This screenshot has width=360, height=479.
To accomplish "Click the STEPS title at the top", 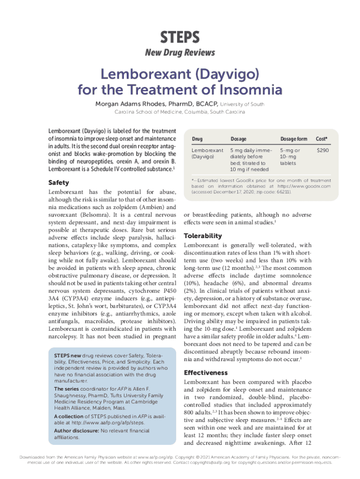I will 180,36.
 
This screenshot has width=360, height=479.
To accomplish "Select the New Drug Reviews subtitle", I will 180,52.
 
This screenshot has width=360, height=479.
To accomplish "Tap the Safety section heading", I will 59,182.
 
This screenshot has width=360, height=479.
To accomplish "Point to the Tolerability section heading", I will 203,236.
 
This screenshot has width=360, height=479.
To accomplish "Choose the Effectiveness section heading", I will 206,373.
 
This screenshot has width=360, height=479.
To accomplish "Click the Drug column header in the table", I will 197,139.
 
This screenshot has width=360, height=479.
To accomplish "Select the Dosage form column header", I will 294,139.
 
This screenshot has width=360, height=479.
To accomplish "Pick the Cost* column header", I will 322,139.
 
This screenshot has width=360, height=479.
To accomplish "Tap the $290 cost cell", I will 322,151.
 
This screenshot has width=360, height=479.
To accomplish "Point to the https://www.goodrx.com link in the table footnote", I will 304,186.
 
